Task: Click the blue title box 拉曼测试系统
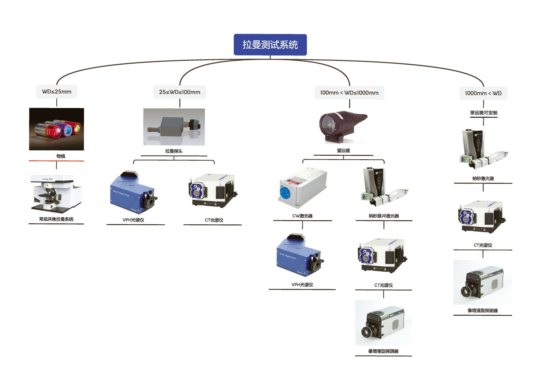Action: [270, 45]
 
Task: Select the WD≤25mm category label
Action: [57, 92]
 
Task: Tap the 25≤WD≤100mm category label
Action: [180, 92]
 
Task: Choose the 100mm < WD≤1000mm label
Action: [349, 93]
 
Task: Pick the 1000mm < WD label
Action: [483, 93]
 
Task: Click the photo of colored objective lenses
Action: [57, 129]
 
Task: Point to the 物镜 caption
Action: [61, 156]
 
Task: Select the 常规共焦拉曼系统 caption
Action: [56, 219]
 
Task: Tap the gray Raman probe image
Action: [174, 127]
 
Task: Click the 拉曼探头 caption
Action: [174, 151]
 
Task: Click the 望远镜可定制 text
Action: [484, 113]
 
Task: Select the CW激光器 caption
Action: [302, 216]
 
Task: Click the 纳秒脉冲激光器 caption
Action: [384, 216]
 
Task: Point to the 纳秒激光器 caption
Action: [483, 178]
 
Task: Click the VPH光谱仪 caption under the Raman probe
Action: [133, 220]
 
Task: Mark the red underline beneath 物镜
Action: [56, 161]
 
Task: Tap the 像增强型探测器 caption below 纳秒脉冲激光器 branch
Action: [383, 351]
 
